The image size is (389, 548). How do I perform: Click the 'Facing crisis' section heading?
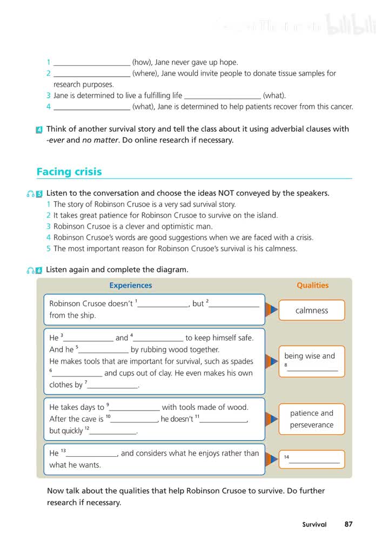(69, 172)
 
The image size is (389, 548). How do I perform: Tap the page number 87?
(348, 524)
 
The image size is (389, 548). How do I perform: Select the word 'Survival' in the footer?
(314, 524)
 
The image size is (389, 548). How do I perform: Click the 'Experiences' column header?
(131, 285)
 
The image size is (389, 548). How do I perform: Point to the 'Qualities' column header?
(312, 285)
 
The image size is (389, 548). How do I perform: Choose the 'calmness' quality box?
(312, 310)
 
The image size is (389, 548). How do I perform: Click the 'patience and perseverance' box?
(312, 419)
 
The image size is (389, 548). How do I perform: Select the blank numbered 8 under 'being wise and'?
(313, 369)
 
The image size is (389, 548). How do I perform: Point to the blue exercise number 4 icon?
(39, 129)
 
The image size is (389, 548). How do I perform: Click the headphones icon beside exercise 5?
(30, 194)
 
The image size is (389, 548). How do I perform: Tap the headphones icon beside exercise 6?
(30, 270)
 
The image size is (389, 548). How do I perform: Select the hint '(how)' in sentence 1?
(141, 62)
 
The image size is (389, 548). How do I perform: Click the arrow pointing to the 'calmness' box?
(273, 310)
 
